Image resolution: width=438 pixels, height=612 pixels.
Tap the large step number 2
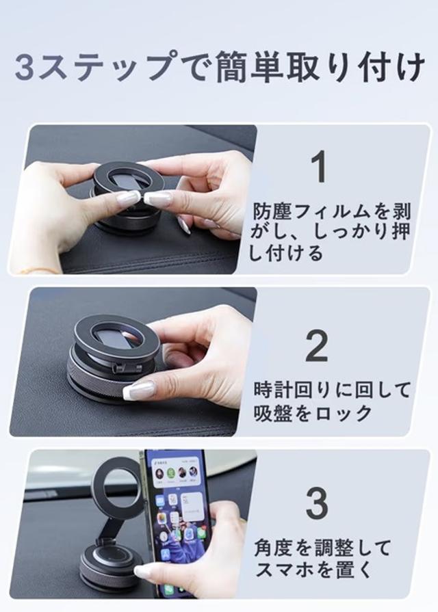[316, 346]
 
